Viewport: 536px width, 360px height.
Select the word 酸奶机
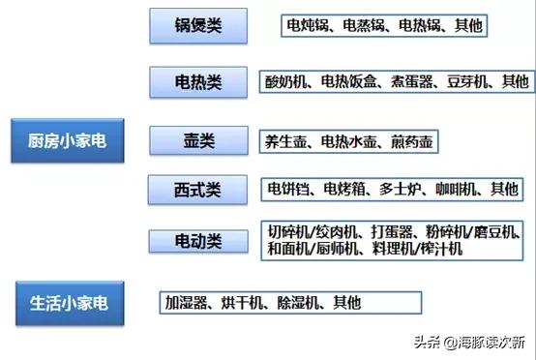click(x=288, y=81)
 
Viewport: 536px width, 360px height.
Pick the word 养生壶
click(x=287, y=141)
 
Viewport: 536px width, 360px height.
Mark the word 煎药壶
click(x=411, y=141)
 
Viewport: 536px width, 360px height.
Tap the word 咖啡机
click(x=459, y=188)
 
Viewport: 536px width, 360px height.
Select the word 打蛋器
click(x=391, y=232)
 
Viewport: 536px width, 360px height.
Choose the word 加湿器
click(x=191, y=303)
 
